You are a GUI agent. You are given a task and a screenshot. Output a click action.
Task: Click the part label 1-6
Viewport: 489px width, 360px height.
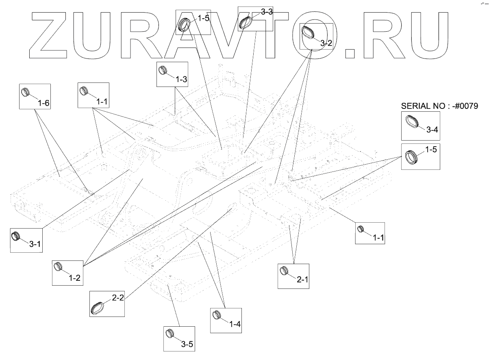click(43, 103)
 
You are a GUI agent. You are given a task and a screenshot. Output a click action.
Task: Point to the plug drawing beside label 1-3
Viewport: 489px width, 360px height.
click(163, 70)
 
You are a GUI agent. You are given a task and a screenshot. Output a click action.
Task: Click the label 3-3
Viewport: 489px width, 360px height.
click(267, 12)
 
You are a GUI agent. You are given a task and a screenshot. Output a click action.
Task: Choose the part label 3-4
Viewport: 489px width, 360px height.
click(432, 130)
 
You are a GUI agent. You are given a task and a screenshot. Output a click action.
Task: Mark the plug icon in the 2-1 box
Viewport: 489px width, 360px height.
click(285, 270)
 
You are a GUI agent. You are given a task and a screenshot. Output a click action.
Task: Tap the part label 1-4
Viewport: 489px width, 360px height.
click(235, 324)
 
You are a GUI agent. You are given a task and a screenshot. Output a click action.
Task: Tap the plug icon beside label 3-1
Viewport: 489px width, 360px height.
click(16, 235)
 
